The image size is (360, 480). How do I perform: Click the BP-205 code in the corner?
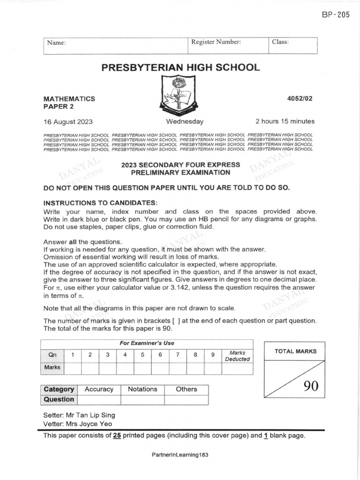pyautogui.click(x=336, y=15)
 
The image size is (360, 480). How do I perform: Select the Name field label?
pyautogui.click(x=56, y=43)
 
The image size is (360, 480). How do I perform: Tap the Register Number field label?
pyautogui.click(x=216, y=42)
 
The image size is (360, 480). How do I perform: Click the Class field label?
pyautogui.click(x=280, y=42)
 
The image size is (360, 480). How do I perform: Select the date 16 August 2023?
pyautogui.click(x=68, y=121)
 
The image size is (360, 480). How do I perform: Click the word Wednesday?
pyautogui.click(x=185, y=121)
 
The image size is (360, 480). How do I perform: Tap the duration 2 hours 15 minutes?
pyautogui.click(x=285, y=121)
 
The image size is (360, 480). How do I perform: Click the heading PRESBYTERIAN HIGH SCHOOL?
pyautogui.click(x=180, y=67)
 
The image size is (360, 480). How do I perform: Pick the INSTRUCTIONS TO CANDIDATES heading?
pyautogui.click(x=100, y=202)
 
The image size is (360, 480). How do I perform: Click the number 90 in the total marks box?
pyautogui.click(x=310, y=386)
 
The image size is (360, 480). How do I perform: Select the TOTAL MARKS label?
pyautogui.click(x=295, y=351)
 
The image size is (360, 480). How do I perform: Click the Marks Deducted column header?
pyautogui.click(x=237, y=356)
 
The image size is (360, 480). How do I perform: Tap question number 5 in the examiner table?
pyautogui.click(x=142, y=355)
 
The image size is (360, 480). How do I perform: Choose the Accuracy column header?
pyautogui.click(x=99, y=389)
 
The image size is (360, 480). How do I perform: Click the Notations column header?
pyautogui.click(x=142, y=389)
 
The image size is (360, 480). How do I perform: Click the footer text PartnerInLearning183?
pyautogui.click(x=180, y=455)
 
